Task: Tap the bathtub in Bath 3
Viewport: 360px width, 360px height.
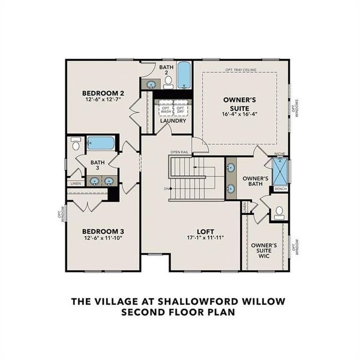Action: click(x=100, y=143)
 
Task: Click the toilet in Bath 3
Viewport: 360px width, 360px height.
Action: click(x=76, y=145)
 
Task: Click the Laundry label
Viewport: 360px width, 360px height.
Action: click(x=173, y=121)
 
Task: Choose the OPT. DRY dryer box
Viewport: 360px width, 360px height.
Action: click(x=180, y=109)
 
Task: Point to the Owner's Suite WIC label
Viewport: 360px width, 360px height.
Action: click(x=263, y=251)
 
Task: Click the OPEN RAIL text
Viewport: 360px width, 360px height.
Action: click(x=180, y=152)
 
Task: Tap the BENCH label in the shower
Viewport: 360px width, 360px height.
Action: click(x=280, y=189)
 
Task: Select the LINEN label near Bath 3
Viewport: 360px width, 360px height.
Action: click(x=75, y=183)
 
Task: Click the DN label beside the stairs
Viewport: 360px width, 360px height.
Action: click(x=166, y=188)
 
